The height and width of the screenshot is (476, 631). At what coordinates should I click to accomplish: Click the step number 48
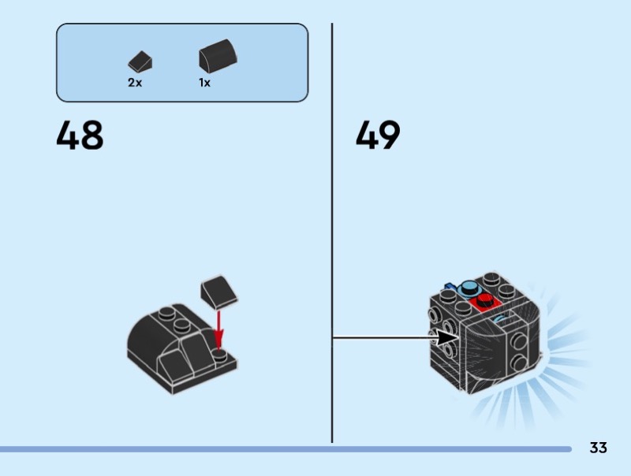(x=80, y=136)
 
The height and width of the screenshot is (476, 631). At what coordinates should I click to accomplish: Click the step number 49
(x=378, y=136)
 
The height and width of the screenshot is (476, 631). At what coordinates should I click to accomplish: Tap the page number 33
(x=598, y=448)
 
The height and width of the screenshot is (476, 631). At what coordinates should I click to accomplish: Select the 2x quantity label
(x=135, y=83)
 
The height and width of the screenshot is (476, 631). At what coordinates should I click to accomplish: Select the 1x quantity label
(x=205, y=83)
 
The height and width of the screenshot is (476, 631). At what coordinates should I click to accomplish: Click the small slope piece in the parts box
(x=140, y=61)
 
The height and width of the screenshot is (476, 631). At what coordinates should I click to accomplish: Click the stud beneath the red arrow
(x=221, y=355)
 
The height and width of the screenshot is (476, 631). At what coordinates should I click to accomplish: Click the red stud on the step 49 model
(x=483, y=299)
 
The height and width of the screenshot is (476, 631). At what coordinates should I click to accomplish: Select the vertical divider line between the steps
(x=332, y=236)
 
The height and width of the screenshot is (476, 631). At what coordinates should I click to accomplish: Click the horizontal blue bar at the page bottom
(x=284, y=449)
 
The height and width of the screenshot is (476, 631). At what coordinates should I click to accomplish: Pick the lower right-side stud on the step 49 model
(x=521, y=363)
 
